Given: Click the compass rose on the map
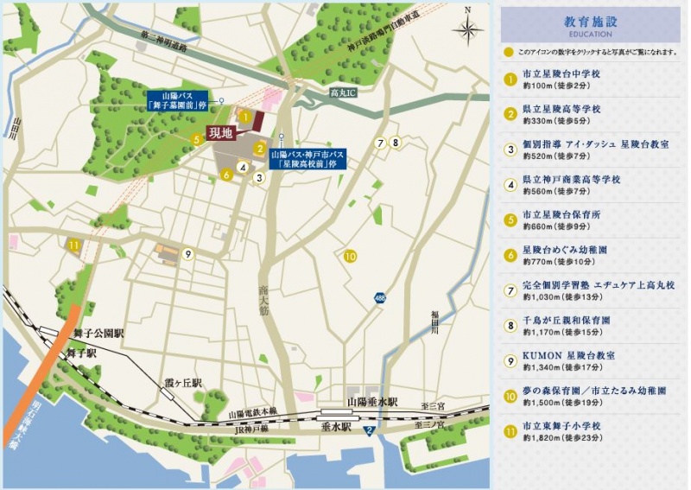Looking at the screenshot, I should click(x=467, y=30).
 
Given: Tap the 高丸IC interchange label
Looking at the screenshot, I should click(x=344, y=90).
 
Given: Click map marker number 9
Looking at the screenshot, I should click(x=187, y=254).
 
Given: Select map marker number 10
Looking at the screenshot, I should click(x=350, y=256).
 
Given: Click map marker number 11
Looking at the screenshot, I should click(x=74, y=245).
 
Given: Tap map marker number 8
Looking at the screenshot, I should click(x=396, y=143).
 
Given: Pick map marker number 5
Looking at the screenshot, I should click(x=198, y=137).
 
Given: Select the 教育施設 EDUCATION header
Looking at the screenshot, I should click(x=591, y=24).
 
